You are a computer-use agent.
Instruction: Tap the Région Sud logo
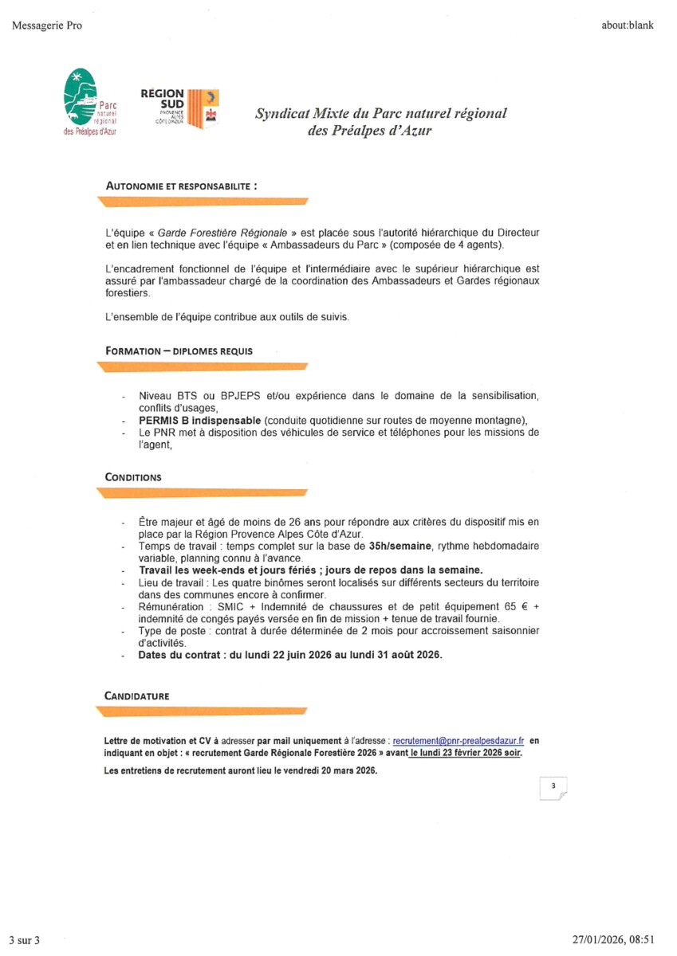click(179, 108)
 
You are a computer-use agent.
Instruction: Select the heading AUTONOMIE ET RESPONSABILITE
click(182, 185)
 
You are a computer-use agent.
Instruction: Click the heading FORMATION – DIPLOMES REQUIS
click(179, 351)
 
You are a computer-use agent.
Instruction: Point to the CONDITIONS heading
click(133, 477)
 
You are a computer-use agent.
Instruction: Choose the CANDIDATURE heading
click(137, 695)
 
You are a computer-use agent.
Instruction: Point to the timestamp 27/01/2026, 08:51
click(612, 940)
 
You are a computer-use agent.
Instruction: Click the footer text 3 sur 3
click(25, 940)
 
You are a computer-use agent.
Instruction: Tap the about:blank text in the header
click(627, 25)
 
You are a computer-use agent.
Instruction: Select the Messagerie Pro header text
click(47, 25)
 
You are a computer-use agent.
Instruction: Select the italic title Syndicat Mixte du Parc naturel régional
click(380, 114)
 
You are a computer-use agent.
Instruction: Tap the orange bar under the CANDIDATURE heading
click(202, 711)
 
